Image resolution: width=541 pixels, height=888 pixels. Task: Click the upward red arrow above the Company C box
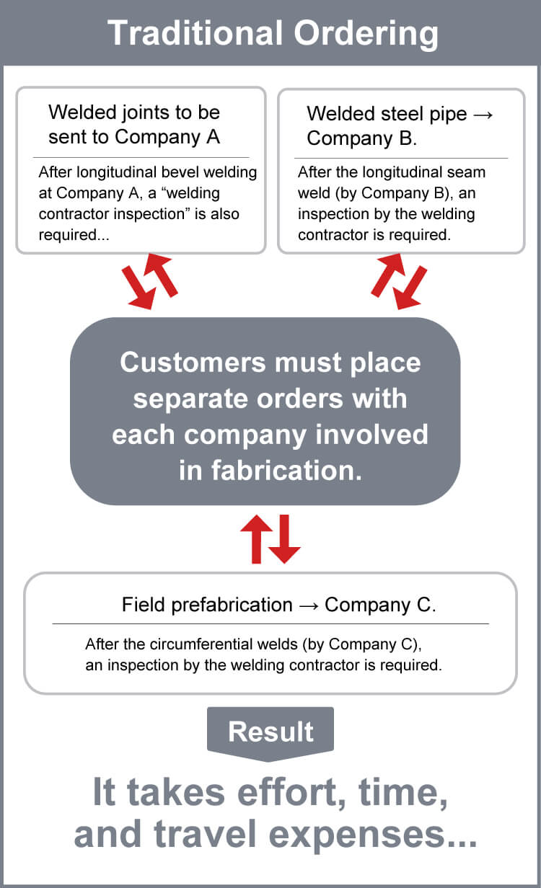(x=257, y=538)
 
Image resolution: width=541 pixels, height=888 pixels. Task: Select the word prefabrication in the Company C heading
(x=232, y=605)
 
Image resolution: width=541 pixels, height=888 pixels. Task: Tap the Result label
(x=270, y=732)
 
